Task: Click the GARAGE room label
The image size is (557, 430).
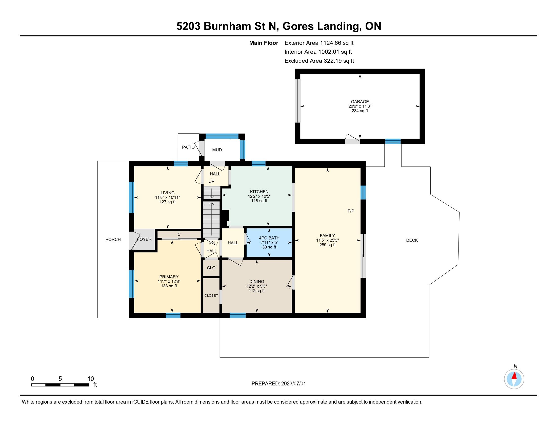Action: pyautogui.click(x=360, y=102)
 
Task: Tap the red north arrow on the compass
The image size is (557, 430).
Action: pyautogui.click(x=514, y=376)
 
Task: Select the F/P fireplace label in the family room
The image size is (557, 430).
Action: pyautogui.click(x=351, y=211)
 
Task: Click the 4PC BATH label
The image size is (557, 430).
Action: pyautogui.click(x=269, y=238)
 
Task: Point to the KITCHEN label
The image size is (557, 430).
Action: pyautogui.click(x=259, y=191)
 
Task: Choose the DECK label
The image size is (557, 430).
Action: pyautogui.click(x=412, y=240)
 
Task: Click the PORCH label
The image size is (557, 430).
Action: pyautogui.click(x=113, y=240)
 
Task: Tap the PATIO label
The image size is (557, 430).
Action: pyautogui.click(x=188, y=147)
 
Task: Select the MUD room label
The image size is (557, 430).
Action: pyautogui.click(x=217, y=150)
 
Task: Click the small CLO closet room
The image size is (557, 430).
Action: pyautogui.click(x=211, y=268)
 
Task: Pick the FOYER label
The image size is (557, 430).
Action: pyautogui.click(x=144, y=240)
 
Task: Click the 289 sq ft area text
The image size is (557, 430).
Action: pyautogui.click(x=327, y=245)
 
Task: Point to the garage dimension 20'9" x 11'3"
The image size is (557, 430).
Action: pyautogui.click(x=360, y=106)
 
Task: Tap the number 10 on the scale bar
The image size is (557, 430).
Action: pyautogui.click(x=91, y=379)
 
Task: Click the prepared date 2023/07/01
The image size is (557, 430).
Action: pyautogui.click(x=293, y=384)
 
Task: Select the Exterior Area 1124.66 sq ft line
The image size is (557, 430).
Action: pyautogui.click(x=319, y=43)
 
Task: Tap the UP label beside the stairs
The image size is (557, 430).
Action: pyautogui.click(x=211, y=182)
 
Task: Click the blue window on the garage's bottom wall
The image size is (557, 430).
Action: pyautogui.click(x=393, y=141)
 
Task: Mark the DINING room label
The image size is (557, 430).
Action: pyautogui.click(x=256, y=282)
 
